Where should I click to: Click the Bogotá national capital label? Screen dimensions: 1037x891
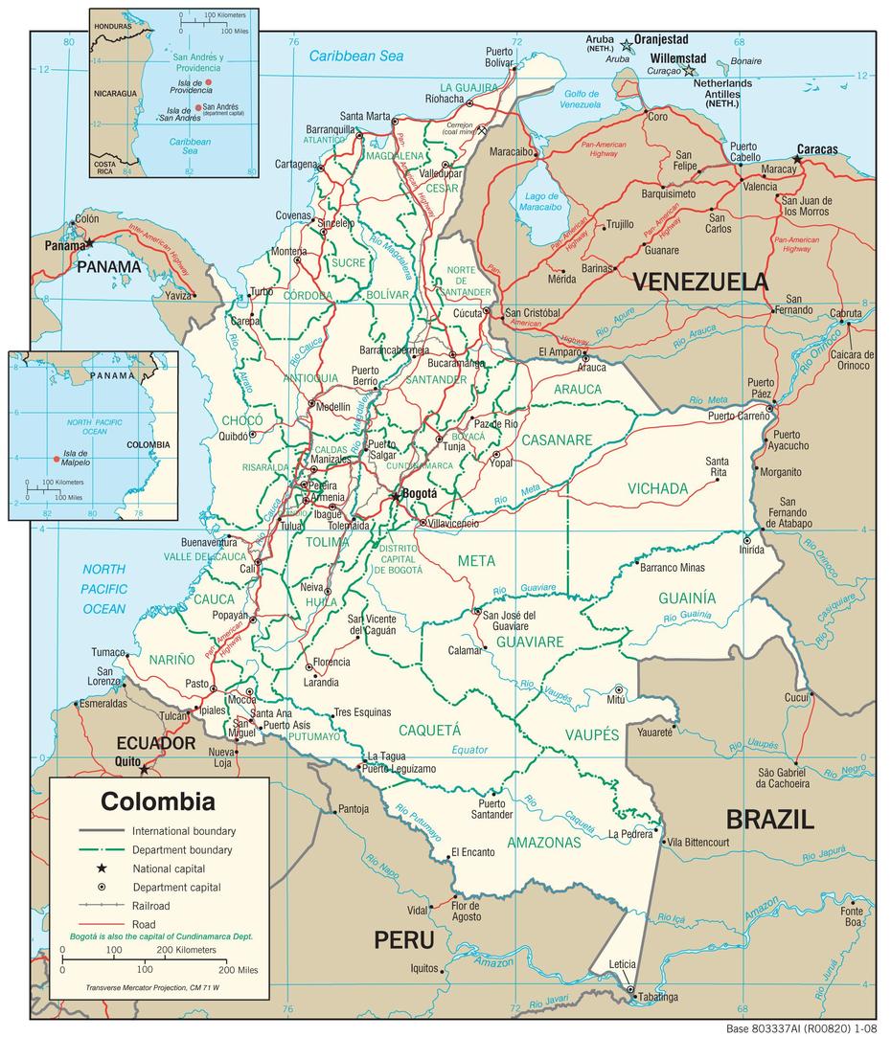click(x=420, y=493)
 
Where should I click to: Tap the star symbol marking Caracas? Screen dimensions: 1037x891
click(x=797, y=159)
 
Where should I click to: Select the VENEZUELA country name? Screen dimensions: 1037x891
click(x=700, y=282)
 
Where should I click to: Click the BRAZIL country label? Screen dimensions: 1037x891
click(x=769, y=819)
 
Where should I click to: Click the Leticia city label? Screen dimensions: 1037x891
click(x=622, y=964)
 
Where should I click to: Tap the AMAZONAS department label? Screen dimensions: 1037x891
click(x=544, y=843)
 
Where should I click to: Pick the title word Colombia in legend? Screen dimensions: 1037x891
click(x=158, y=800)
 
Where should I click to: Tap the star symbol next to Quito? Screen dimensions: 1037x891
click(x=145, y=769)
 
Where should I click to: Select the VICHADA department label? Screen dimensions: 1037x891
click(x=658, y=488)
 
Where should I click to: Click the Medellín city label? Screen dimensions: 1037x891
click(x=332, y=406)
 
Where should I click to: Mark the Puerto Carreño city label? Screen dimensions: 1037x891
click(x=739, y=417)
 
